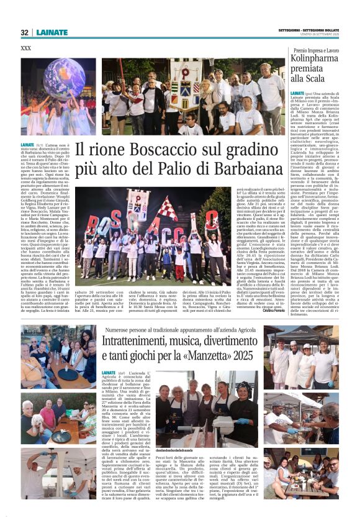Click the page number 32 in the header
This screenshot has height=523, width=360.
pyautogui.click(x=25, y=32)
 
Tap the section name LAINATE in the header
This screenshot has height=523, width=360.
pyautogui.click(x=51, y=32)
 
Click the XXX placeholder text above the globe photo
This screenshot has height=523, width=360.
pyautogui.click(x=26, y=48)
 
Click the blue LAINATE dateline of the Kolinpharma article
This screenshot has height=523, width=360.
pyautogui.click(x=297, y=92)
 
